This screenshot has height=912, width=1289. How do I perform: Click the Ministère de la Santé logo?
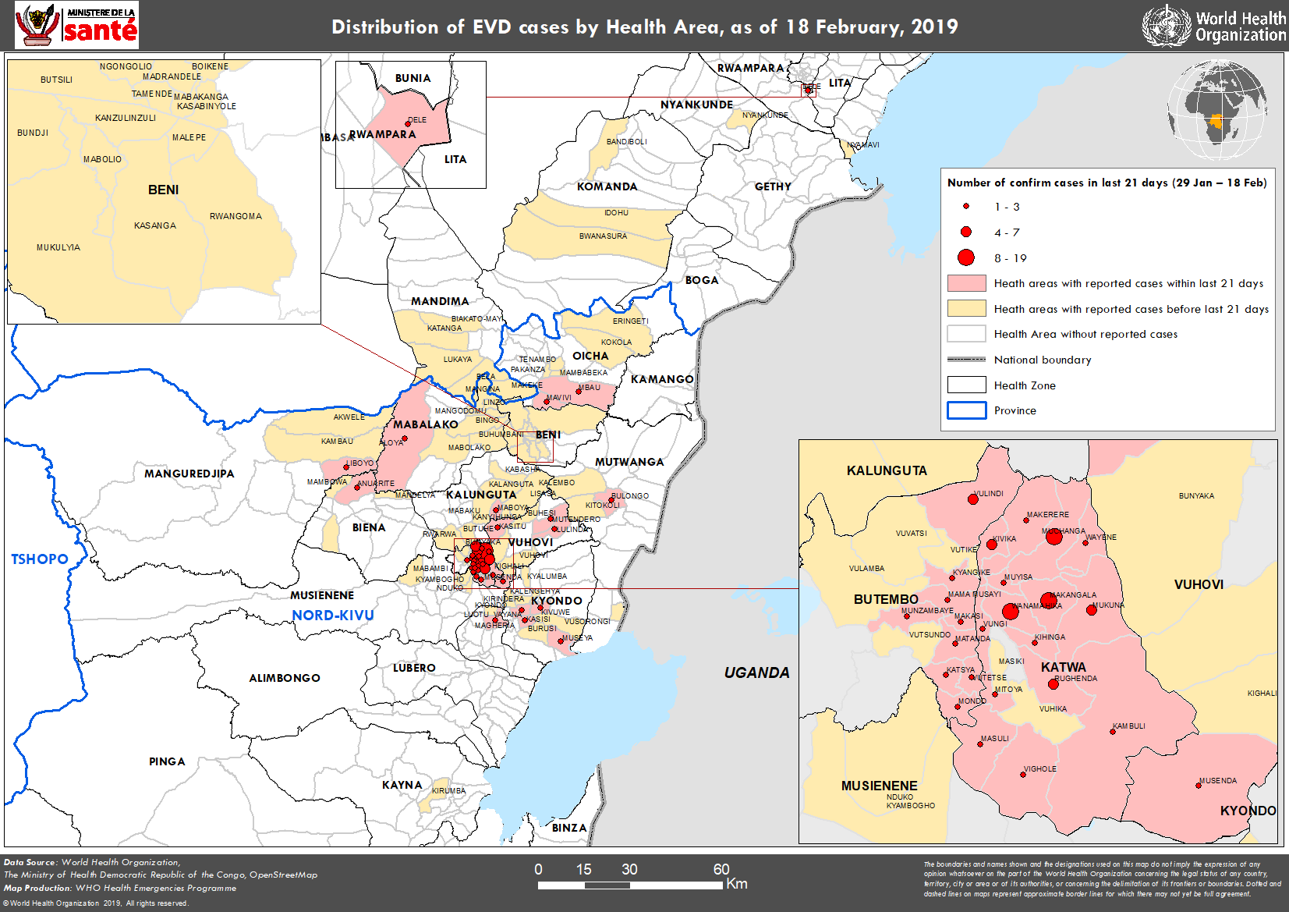(76, 25)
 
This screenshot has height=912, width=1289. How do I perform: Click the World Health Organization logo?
(1213, 26)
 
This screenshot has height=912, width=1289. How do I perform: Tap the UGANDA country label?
(756, 672)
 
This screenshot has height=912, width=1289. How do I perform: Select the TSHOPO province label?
(40, 559)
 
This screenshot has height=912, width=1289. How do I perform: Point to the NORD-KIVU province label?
(333, 616)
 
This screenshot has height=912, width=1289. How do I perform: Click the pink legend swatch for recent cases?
(966, 283)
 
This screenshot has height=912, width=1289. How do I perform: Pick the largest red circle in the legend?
(966, 257)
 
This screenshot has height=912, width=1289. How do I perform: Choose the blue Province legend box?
(966, 410)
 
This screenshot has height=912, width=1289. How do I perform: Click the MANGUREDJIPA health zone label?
(189, 474)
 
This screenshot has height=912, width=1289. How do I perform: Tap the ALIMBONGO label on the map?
(285, 678)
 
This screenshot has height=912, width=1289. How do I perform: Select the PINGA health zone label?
(167, 761)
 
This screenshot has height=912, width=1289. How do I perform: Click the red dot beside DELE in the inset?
(407, 123)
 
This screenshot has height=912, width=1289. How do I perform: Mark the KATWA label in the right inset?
(1063, 667)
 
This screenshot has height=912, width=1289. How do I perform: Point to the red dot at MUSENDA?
(1199, 784)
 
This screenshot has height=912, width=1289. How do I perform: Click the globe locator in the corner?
(1216, 109)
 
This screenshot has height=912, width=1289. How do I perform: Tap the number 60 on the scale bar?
(721, 869)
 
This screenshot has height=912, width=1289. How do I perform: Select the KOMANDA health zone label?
(607, 186)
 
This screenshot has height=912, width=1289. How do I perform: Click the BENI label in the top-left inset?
(163, 190)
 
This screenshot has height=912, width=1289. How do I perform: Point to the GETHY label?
(773, 186)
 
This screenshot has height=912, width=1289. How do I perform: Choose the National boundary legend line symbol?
(966, 360)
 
